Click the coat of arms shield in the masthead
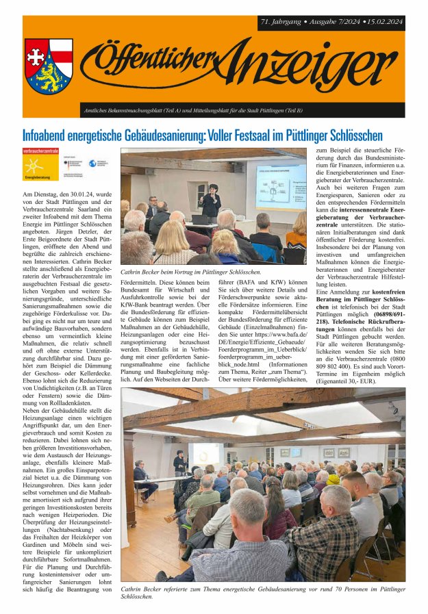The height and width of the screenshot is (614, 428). (49, 66)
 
